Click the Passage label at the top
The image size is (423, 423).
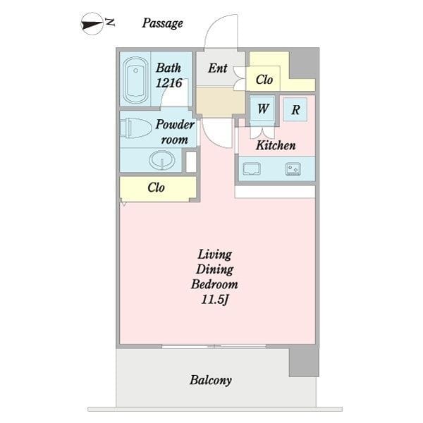(x=162, y=23)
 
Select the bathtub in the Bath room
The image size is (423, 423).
(x=135, y=80)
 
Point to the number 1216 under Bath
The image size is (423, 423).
(x=169, y=82)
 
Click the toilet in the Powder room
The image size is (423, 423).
(x=135, y=128)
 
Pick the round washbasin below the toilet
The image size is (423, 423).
(x=161, y=160)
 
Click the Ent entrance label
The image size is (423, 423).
(x=218, y=68)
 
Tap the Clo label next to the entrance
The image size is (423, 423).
(x=264, y=80)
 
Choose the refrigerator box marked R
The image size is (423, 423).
(x=295, y=109)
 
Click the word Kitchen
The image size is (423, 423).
(x=276, y=145)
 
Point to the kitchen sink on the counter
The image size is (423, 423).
(x=252, y=169)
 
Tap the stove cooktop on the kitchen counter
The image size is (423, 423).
(x=293, y=169)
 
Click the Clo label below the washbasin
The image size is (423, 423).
(x=156, y=188)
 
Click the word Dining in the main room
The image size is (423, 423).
(x=215, y=269)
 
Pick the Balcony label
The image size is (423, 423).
(x=211, y=380)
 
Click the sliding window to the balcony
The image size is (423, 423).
(x=214, y=346)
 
